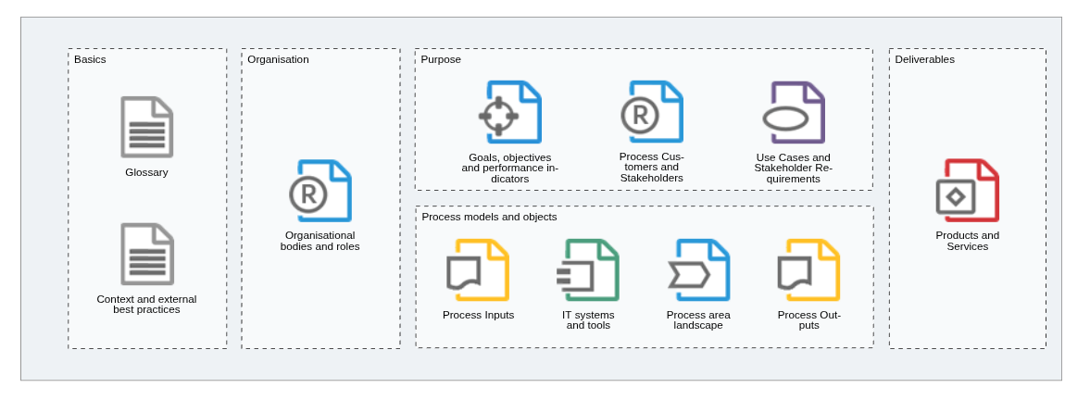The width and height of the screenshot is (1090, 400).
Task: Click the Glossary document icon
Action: click(146, 127)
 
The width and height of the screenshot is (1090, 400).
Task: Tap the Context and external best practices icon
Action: click(146, 254)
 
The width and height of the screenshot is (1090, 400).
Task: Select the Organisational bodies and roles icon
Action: click(320, 191)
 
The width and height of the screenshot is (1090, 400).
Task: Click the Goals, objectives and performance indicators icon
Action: click(510, 113)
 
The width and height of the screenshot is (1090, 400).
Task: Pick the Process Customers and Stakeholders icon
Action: click(652, 112)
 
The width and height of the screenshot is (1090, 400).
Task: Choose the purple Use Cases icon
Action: click(794, 113)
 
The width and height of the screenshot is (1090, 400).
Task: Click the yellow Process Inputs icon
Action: click(478, 270)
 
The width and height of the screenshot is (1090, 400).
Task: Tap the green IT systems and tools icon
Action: click(588, 270)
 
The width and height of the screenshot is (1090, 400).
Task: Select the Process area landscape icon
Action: click(698, 270)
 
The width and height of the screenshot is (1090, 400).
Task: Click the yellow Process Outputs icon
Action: click(809, 270)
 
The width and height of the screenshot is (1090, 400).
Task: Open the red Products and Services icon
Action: click(968, 191)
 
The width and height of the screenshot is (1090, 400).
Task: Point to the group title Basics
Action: click(91, 59)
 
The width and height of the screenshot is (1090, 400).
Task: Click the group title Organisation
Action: click(278, 59)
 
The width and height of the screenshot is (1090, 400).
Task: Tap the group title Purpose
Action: click(441, 59)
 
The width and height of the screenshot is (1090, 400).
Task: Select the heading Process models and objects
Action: click(489, 217)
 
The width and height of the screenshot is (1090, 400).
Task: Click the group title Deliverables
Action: click(924, 59)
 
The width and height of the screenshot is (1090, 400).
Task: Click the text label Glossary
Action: click(146, 172)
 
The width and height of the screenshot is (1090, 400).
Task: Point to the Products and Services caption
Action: click(968, 241)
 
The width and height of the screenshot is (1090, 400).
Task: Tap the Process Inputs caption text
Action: click(478, 315)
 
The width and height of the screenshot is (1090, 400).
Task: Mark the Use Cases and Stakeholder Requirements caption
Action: click(793, 169)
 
